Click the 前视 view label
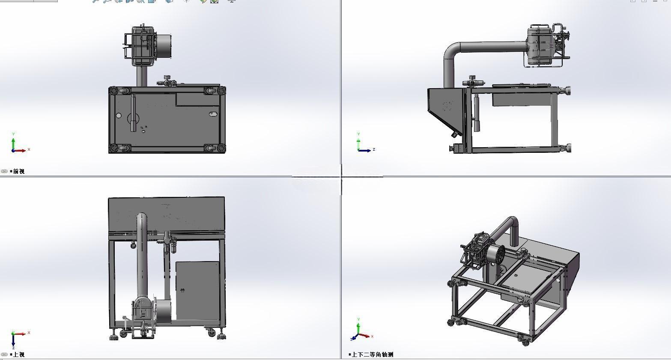[18, 171]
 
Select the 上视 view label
[18, 354]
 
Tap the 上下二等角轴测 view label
[373, 354]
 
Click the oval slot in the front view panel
[213, 113]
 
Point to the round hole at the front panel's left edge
[119, 115]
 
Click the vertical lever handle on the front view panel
[133, 113]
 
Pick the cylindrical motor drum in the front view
[164, 46]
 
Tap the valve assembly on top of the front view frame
[168, 81]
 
